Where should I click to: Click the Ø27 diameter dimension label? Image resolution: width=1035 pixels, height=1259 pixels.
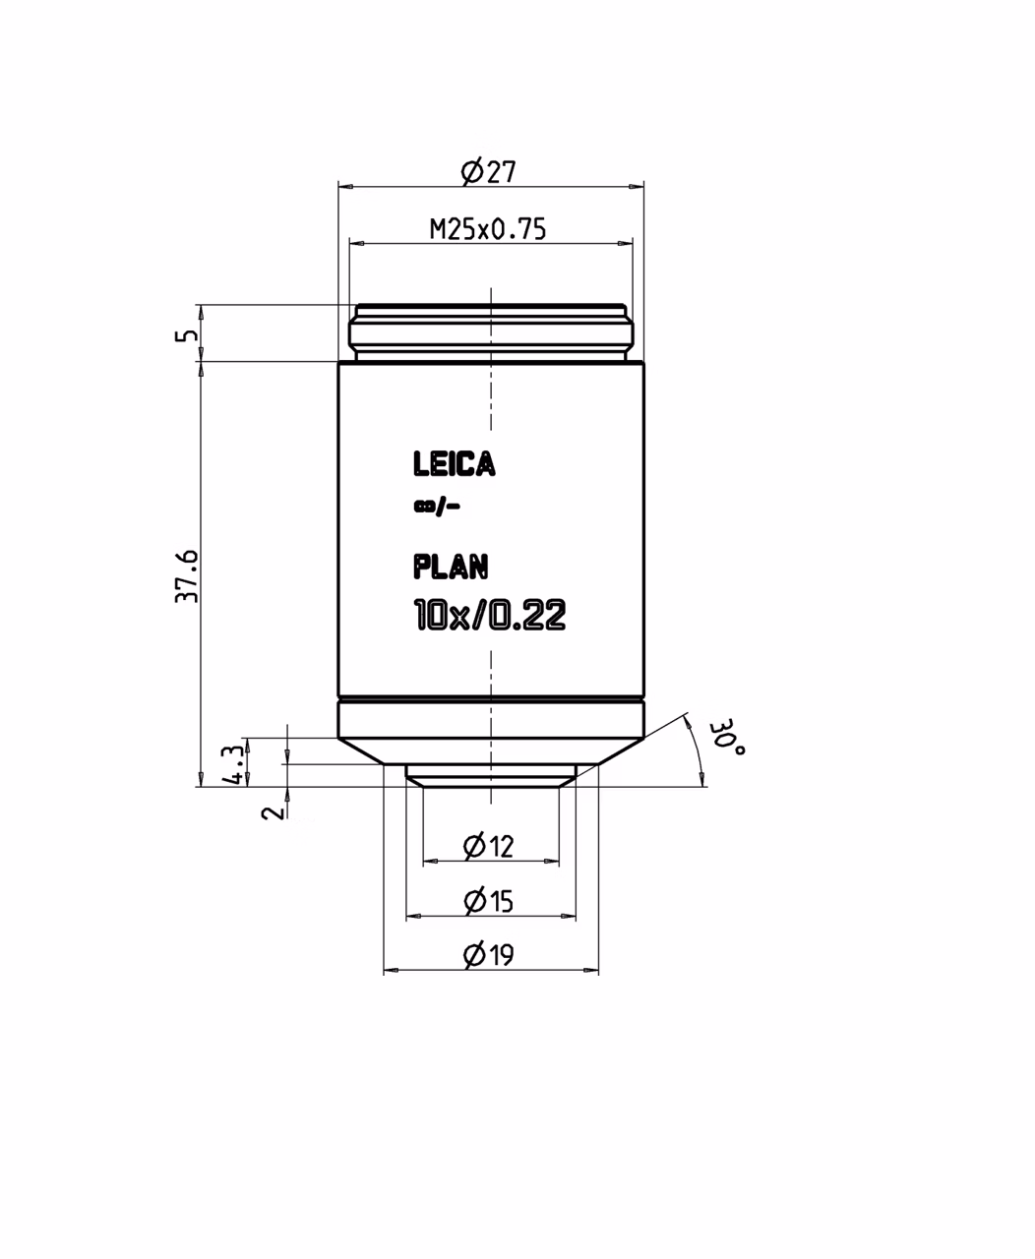pyautogui.click(x=488, y=172)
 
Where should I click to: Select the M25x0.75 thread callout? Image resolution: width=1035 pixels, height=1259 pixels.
pyautogui.click(x=487, y=229)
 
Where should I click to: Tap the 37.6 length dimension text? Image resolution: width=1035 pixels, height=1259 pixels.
pyautogui.click(x=187, y=576)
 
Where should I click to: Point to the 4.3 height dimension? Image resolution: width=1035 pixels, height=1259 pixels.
pyautogui.click(x=232, y=764)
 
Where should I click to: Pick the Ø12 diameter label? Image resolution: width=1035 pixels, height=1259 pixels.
pyautogui.click(x=488, y=847)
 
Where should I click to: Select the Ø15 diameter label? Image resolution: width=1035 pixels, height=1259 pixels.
pyautogui.click(x=488, y=901)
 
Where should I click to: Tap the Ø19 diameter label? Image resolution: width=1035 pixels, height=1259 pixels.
pyautogui.click(x=488, y=954)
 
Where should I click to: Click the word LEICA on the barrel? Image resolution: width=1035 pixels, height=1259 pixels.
pyautogui.click(x=455, y=464)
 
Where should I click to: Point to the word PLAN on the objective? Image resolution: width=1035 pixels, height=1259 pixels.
pyautogui.click(x=451, y=567)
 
